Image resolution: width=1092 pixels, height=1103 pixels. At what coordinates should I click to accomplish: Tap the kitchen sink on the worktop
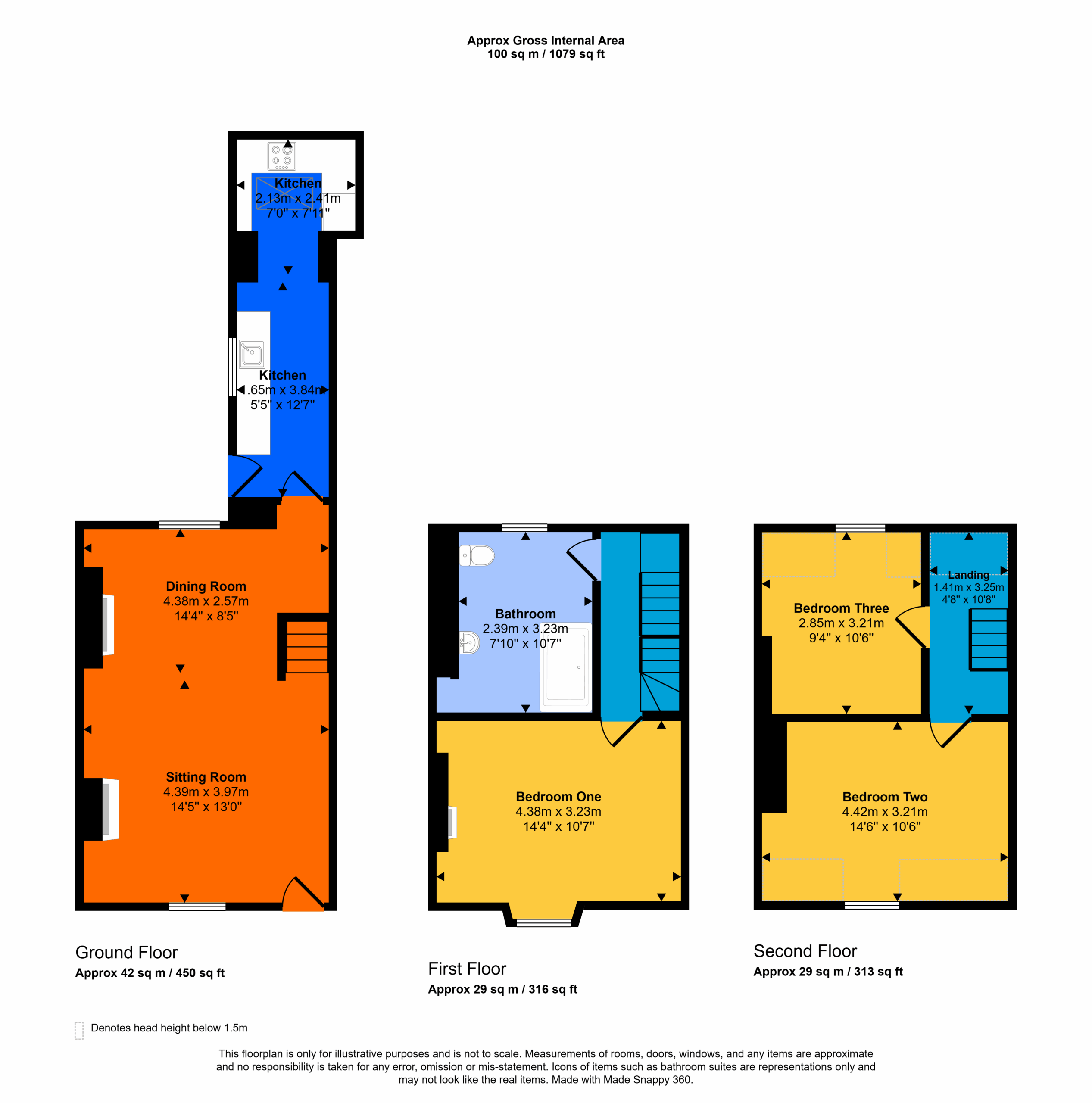point(252,353)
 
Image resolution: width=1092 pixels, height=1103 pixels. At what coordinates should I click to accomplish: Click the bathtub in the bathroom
point(565,667)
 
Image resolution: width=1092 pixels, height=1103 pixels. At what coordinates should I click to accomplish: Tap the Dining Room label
point(206,586)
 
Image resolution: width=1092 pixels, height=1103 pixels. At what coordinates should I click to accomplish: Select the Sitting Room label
point(206,777)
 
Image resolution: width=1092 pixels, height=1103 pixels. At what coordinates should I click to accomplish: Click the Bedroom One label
point(558,796)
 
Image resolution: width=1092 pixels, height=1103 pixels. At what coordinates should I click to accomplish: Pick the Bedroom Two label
point(885,797)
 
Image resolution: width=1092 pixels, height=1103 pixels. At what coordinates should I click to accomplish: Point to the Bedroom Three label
point(841,608)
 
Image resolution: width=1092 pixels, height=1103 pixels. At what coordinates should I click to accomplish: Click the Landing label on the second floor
point(969,575)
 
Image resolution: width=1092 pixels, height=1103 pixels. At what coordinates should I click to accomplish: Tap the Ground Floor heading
point(127,952)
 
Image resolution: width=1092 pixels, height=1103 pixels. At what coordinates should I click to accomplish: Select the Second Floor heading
point(805,951)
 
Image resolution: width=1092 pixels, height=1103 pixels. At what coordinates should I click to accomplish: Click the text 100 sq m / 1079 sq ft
point(546,54)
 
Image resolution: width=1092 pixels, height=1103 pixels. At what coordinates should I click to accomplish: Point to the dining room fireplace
point(107,625)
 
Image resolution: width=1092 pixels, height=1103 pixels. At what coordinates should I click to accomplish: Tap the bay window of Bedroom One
point(544,922)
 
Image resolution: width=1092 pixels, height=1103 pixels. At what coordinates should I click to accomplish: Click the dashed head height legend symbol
point(79,1031)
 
